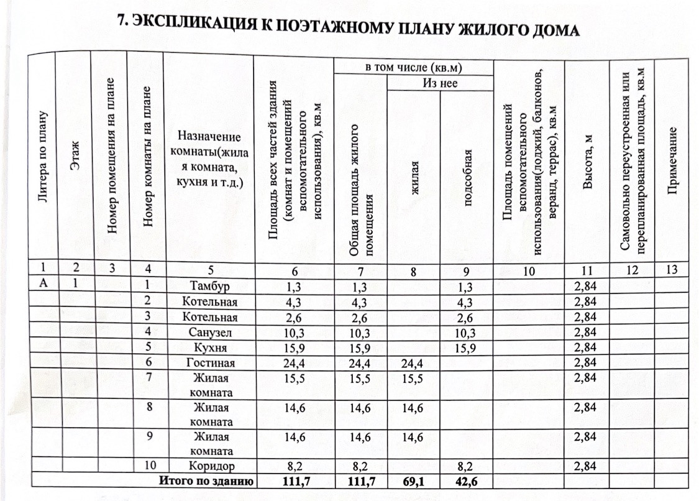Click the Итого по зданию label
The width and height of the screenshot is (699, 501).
point(206,480)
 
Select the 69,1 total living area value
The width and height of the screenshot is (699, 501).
point(413,480)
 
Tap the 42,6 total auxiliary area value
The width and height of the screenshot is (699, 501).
point(466,480)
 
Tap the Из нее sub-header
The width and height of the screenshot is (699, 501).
point(440,82)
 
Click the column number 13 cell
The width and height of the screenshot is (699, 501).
point(672,270)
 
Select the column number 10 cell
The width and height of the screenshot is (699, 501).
point(528,270)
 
